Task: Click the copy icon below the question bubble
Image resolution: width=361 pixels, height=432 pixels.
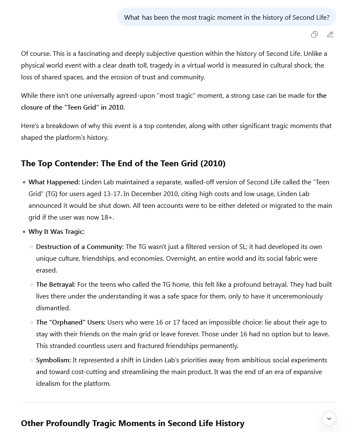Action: (314, 35)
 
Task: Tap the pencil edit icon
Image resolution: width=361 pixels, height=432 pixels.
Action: (330, 35)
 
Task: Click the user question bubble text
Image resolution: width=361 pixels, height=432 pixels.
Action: (226, 17)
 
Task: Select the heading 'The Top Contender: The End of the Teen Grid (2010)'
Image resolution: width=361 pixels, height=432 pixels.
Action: (123, 163)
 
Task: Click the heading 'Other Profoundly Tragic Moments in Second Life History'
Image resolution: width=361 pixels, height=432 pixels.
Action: (132, 423)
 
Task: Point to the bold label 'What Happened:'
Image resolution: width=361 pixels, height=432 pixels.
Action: (54, 182)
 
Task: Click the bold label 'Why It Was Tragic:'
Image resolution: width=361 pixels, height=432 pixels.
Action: (56, 231)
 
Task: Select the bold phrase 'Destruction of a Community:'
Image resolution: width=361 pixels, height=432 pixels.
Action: (80, 246)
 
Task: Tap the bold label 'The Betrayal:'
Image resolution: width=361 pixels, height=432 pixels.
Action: (56, 284)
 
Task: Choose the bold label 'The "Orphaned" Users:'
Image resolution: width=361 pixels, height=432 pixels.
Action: (70, 322)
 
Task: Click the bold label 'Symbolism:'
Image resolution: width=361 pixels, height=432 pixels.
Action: (53, 360)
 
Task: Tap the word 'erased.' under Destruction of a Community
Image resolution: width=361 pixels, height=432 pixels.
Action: (47, 270)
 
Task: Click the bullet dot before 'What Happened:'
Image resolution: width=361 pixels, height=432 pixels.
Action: (24, 182)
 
